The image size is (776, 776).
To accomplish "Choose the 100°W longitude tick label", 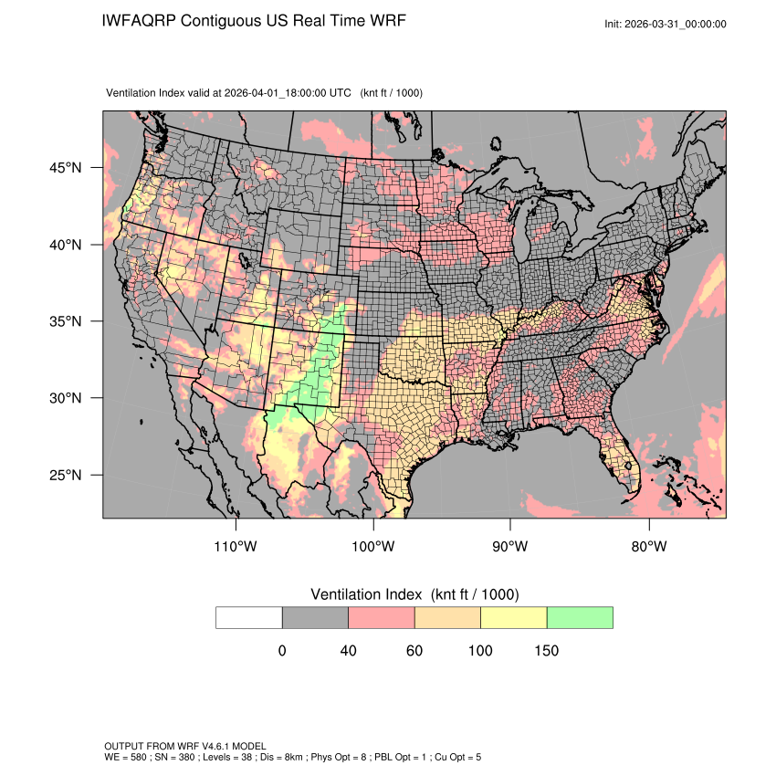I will pos(373,547).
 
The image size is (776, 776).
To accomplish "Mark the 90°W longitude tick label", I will pos(510,547).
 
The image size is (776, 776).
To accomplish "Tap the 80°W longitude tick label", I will pos(648,547).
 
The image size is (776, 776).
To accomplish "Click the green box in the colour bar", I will pos(580,618).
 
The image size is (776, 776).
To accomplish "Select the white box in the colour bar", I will pos(249,618).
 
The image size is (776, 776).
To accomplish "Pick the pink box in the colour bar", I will pos(382,618).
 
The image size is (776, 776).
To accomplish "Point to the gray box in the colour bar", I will pos(315,618).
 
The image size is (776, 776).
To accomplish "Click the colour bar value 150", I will pos(546,651).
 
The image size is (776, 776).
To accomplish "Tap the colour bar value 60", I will pos(414,651).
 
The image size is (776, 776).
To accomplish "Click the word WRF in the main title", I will pos(386,20).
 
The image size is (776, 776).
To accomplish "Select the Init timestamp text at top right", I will pos(666,24).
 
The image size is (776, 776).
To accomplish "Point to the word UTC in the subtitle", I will pos(340,93).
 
